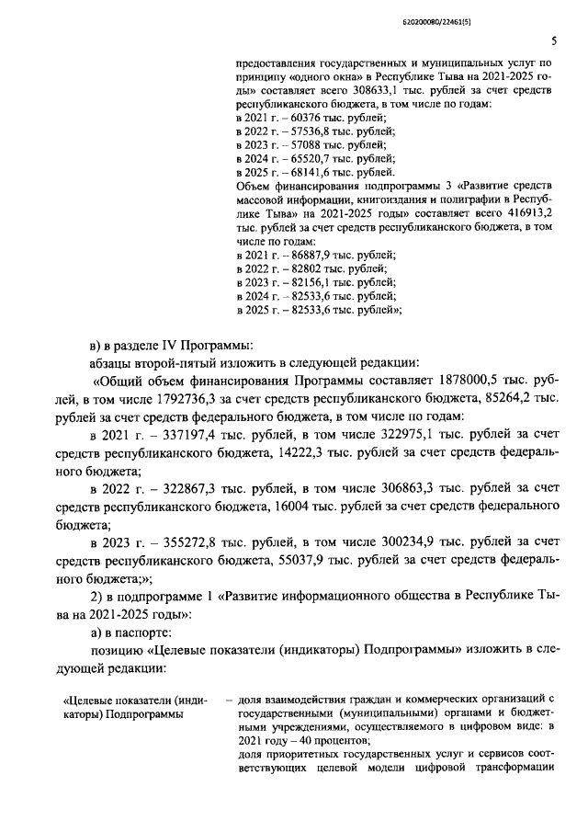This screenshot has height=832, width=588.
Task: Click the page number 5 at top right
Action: [x=554, y=40]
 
